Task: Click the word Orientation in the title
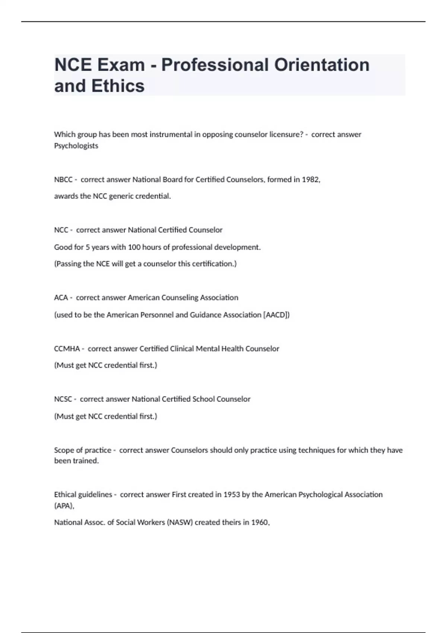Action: coord(322,65)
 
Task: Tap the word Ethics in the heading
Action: coord(118,86)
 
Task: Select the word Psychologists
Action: coord(76,146)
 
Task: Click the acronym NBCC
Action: coord(63,179)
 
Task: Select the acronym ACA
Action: coord(61,298)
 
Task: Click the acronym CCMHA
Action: coord(67,349)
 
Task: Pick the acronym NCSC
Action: coord(63,399)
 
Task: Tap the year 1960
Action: coord(260,522)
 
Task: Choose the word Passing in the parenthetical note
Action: coord(69,264)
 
